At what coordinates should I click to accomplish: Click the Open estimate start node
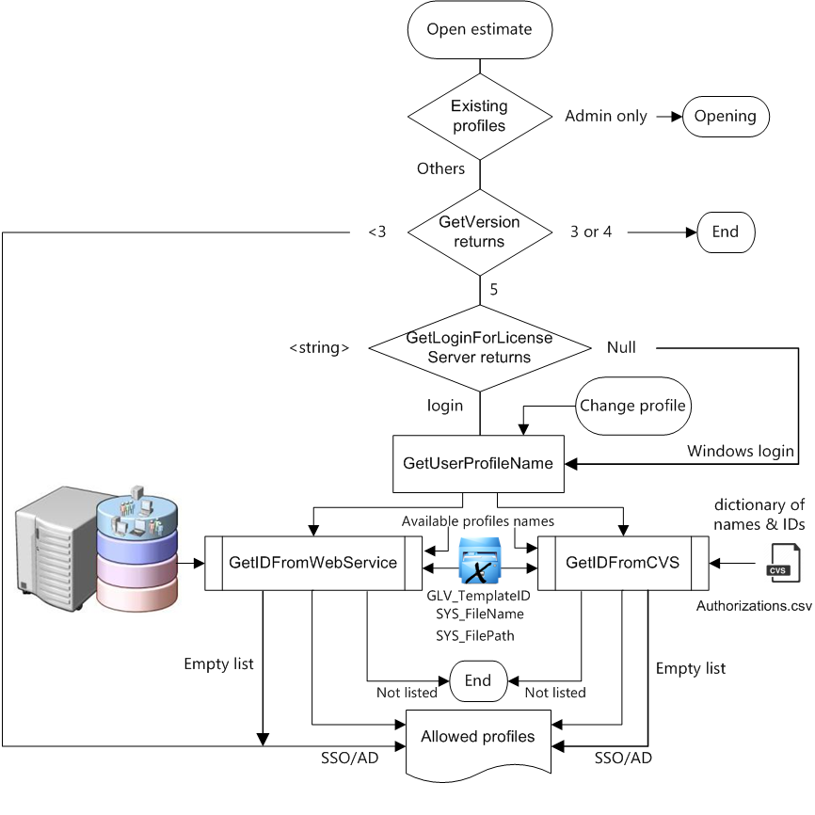pos(480,29)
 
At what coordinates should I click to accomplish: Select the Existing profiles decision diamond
pos(480,117)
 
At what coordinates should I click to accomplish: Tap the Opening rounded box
pos(726,117)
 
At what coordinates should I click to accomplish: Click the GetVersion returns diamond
pos(480,232)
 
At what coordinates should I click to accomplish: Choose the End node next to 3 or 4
pos(726,232)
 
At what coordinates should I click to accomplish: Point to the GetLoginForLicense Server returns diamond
pos(480,348)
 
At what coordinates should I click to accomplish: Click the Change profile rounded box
pos(633,407)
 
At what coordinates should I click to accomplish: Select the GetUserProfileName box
pos(478,463)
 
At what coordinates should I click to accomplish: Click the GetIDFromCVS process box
pos(622,563)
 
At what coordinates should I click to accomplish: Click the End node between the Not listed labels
pos(478,680)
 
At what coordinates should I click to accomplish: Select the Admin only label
pos(606,117)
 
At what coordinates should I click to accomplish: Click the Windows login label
pos(741,451)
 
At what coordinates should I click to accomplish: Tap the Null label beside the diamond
pos(621,348)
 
